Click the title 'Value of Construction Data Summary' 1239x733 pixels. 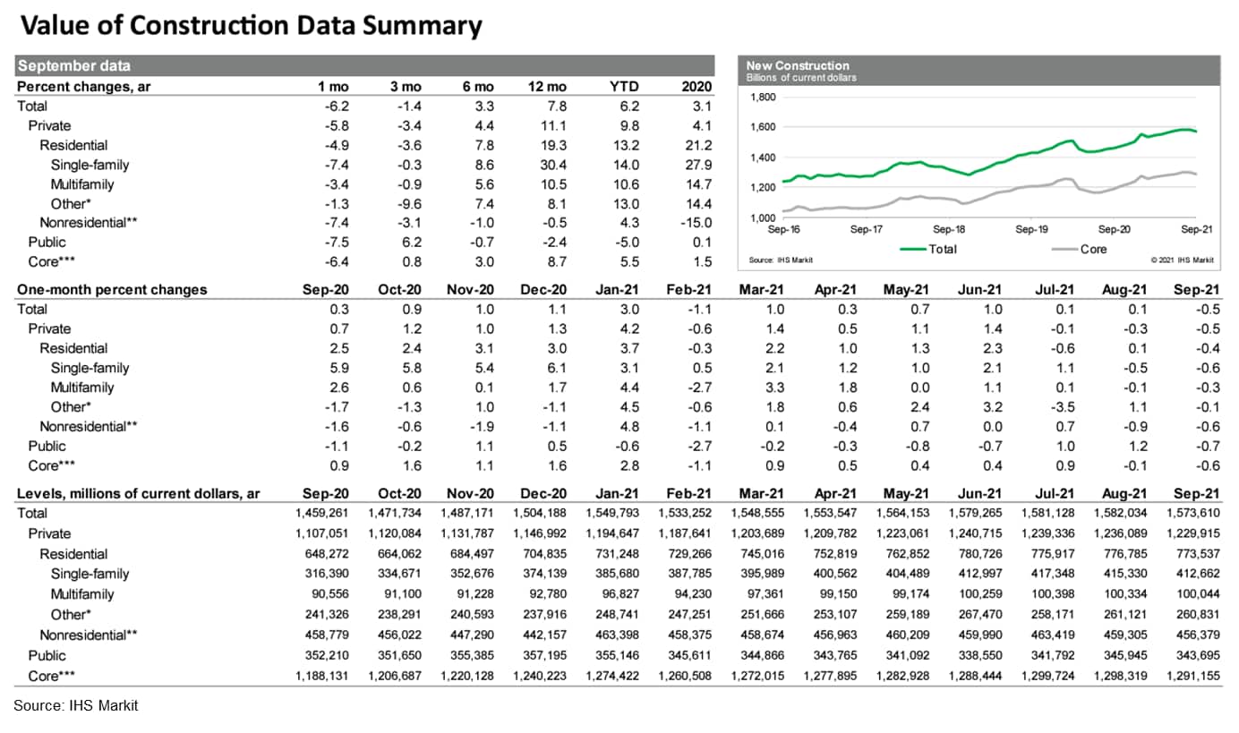pos(251,26)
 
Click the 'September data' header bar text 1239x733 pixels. pos(74,65)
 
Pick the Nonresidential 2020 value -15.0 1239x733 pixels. pos(695,223)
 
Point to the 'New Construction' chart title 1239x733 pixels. pos(798,65)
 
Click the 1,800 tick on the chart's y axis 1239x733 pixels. pos(761,98)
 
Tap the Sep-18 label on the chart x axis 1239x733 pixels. pos(948,229)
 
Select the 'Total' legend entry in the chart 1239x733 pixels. pos(942,250)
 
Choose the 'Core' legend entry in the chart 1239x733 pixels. pos(1093,250)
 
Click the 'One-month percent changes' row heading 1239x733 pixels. pos(112,289)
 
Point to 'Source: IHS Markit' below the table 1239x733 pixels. pos(76,706)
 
